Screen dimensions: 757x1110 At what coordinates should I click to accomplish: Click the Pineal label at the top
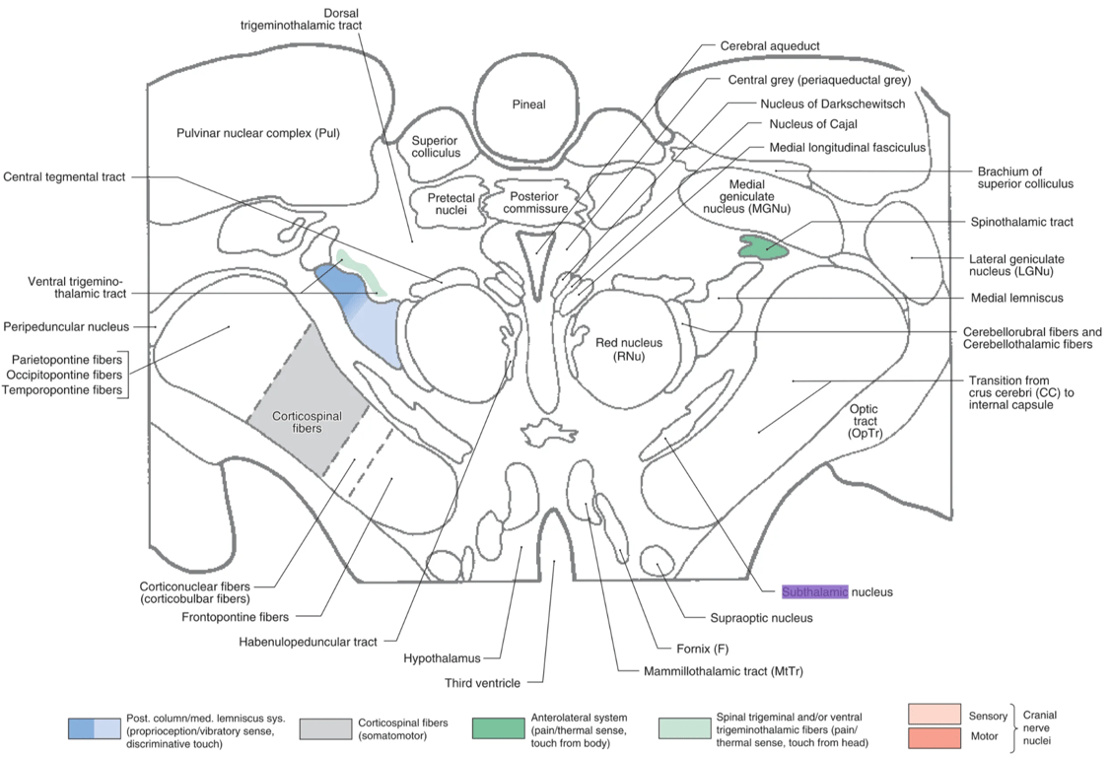click(x=528, y=104)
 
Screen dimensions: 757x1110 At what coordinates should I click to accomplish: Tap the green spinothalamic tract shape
click(x=763, y=247)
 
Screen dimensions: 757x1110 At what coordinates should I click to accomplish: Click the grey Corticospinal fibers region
click(x=307, y=415)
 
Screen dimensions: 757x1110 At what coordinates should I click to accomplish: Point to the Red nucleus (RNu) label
click(x=619, y=350)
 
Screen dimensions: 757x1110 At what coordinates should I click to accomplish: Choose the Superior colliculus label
click(x=436, y=147)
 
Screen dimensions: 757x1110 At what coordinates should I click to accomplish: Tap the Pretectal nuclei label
click(x=451, y=204)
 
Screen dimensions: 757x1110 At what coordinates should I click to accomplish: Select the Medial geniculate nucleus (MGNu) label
click(x=760, y=196)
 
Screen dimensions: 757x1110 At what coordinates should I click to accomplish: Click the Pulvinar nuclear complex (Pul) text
click(x=257, y=133)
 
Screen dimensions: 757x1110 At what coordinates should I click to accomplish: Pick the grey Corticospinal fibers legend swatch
click(x=324, y=728)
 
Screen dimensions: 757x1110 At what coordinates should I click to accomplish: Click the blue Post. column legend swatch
click(x=95, y=728)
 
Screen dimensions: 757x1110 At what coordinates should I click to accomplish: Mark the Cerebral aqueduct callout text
click(x=770, y=45)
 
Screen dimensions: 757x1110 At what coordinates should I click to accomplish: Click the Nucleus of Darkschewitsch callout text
click(x=832, y=103)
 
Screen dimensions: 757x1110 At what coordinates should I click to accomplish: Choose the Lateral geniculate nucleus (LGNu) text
click(x=1020, y=265)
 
